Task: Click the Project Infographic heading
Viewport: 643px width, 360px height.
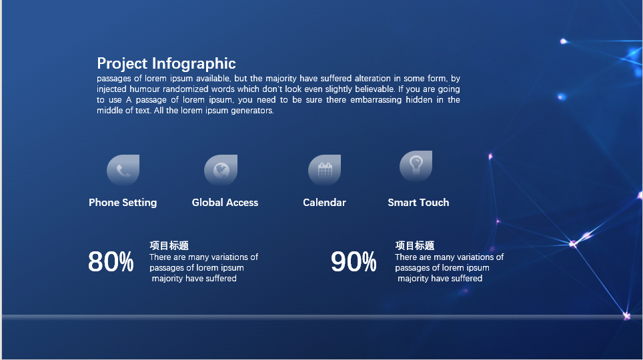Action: click(x=166, y=63)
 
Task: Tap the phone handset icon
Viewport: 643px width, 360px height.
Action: click(x=123, y=170)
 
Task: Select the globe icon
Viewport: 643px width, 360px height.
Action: click(x=221, y=170)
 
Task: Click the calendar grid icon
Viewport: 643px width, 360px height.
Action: click(x=325, y=169)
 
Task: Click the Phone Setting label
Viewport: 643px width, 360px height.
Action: click(x=123, y=203)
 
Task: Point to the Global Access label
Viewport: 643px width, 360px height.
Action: click(x=225, y=203)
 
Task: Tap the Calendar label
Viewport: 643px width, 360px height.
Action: click(x=324, y=203)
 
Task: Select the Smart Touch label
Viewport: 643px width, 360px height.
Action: click(x=418, y=203)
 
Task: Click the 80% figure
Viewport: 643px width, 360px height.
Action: click(x=111, y=262)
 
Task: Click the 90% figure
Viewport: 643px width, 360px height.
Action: click(x=354, y=262)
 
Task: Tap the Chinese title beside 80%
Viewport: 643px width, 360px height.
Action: click(x=169, y=245)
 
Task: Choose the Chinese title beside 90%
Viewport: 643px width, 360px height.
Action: click(x=415, y=245)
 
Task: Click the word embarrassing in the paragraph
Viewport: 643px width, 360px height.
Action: click(x=376, y=99)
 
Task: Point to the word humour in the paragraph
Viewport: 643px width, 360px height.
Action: click(x=145, y=89)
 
